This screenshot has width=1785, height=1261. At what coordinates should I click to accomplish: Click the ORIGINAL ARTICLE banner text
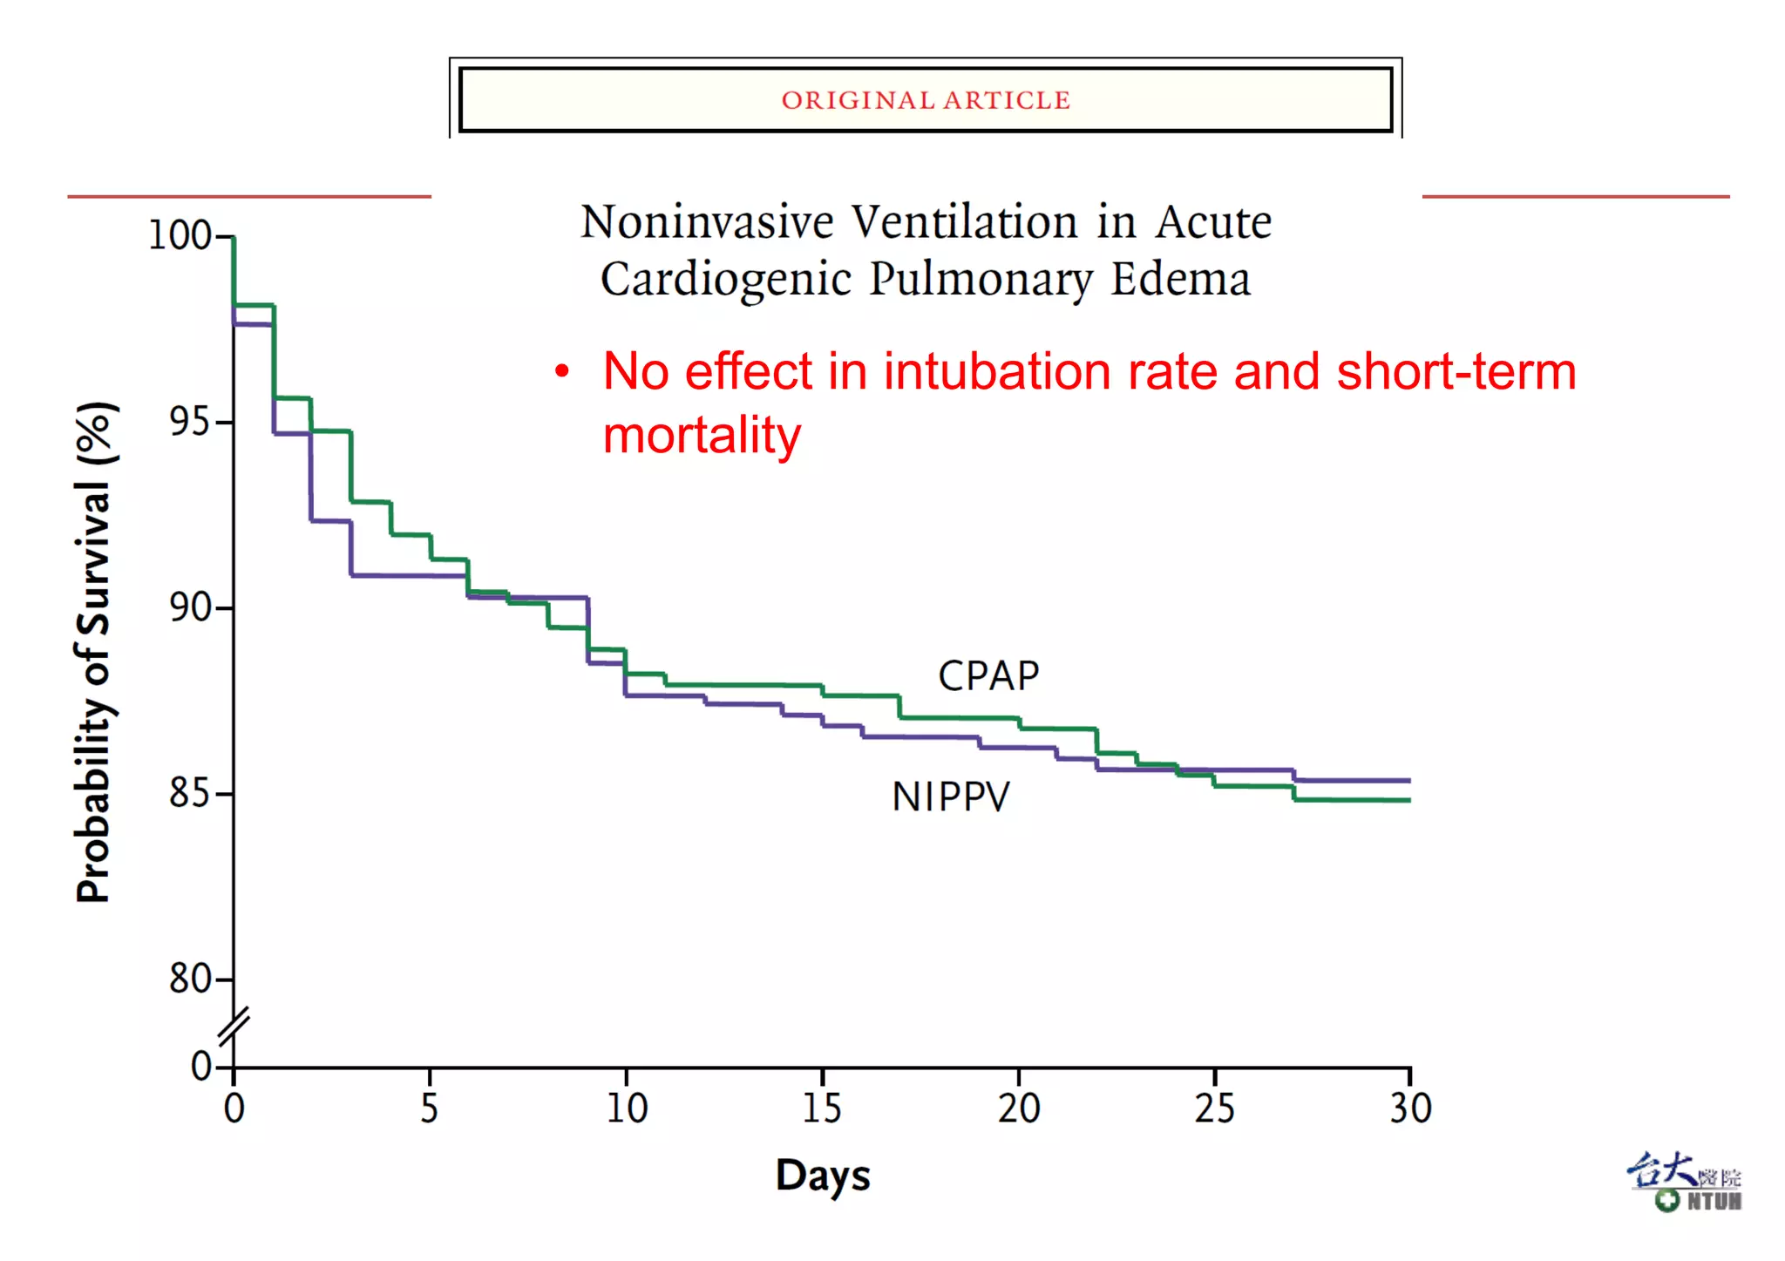(926, 100)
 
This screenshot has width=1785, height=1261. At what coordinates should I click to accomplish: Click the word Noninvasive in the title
(707, 222)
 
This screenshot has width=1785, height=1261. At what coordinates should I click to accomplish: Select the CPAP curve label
(988, 675)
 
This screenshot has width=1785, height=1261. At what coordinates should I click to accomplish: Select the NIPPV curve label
(950, 797)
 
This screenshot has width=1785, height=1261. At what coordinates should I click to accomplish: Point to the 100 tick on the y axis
(180, 235)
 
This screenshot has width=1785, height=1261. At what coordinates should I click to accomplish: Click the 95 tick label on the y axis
(189, 422)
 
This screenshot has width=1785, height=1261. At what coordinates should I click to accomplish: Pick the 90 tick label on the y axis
(189, 607)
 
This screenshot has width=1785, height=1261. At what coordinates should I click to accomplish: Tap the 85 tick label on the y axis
(189, 793)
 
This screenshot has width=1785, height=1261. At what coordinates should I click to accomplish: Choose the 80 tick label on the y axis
(189, 979)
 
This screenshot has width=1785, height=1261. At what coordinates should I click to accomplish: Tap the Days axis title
(823, 1176)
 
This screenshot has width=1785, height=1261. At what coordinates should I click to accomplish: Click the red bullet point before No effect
(562, 372)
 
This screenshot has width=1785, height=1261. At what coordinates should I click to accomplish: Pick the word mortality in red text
(702, 435)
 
